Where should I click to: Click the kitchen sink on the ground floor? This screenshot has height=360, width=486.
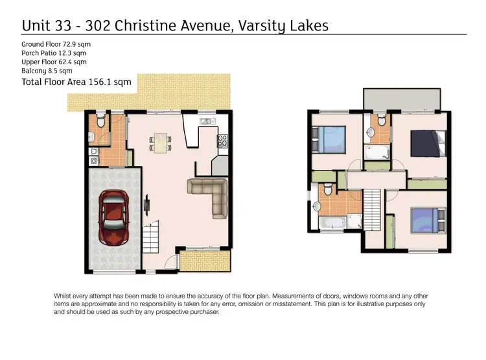(x=206, y=121)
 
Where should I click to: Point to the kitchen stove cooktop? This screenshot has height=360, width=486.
(x=223, y=141)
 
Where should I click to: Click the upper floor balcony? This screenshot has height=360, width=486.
(x=402, y=99)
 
